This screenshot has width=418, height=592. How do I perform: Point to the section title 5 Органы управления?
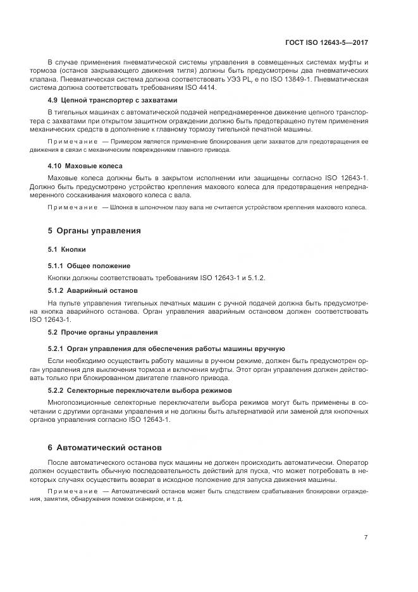[94, 231]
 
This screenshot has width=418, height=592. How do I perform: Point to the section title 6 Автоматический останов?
[105, 447]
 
